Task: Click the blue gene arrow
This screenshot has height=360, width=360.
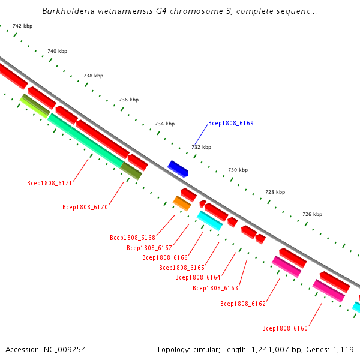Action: (x=178, y=169)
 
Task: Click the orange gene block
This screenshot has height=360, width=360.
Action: (x=182, y=203)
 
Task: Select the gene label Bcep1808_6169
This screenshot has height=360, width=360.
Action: (x=231, y=123)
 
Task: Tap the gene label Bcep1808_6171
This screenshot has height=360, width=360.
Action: (x=49, y=183)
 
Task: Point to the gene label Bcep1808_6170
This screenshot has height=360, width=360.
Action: (x=85, y=207)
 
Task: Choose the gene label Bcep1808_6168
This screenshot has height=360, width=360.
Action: (x=133, y=238)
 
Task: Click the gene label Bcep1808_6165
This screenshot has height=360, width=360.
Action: (x=182, y=268)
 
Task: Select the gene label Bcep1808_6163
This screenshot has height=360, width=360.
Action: (x=215, y=288)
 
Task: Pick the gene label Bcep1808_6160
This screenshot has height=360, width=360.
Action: (x=284, y=328)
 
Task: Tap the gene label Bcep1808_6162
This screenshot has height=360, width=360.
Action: (x=243, y=304)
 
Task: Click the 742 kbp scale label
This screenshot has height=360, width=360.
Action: (x=23, y=26)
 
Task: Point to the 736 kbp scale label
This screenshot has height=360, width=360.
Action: (x=128, y=100)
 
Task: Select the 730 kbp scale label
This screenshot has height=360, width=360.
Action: (x=238, y=170)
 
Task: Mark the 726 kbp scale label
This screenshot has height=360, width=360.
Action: (x=312, y=214)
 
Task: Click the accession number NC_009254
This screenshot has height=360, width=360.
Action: (x=65, y=350)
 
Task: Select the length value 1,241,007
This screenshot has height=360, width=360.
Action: (x=270, y=350)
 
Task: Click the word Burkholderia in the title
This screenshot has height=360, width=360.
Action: (x=68, y=11)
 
